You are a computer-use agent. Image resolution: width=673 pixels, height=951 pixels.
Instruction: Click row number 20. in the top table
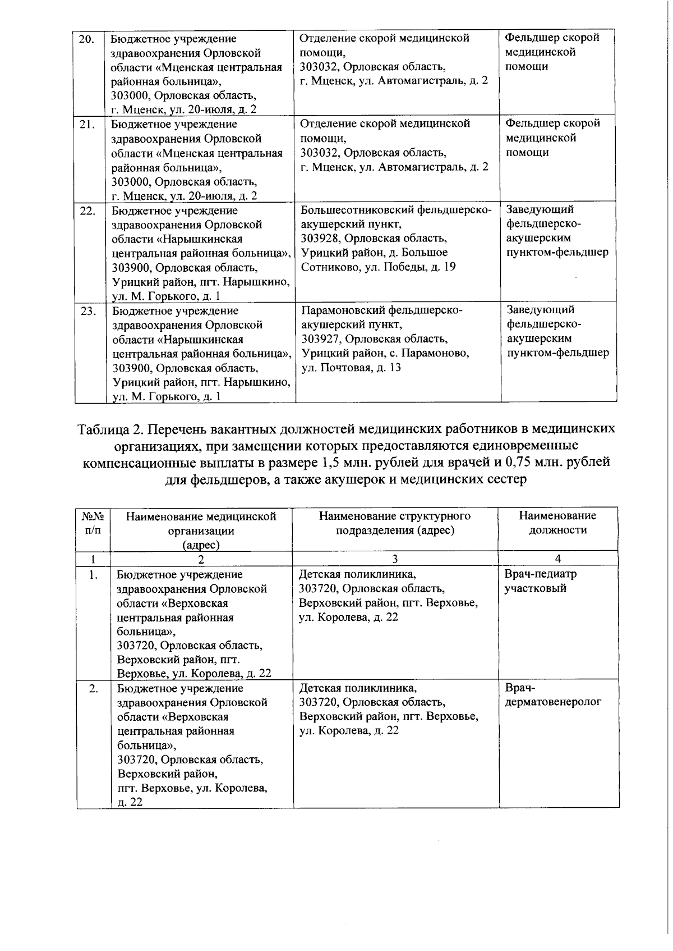click(86, 39)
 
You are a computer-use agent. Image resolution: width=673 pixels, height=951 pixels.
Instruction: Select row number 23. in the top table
click(88, 311)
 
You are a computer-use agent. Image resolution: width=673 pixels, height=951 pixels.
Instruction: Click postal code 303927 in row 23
click(322, 339)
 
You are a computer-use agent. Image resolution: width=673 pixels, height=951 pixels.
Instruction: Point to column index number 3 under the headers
click(395, 559)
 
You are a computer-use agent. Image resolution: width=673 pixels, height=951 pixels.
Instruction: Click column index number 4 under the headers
click(557, 559)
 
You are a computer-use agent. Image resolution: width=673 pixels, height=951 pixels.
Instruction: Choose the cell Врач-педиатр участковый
click(540, 581)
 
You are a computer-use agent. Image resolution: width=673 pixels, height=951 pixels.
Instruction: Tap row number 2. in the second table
click(93, 688)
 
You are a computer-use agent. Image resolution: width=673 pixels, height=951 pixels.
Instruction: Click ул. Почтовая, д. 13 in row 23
click(351, 368)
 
